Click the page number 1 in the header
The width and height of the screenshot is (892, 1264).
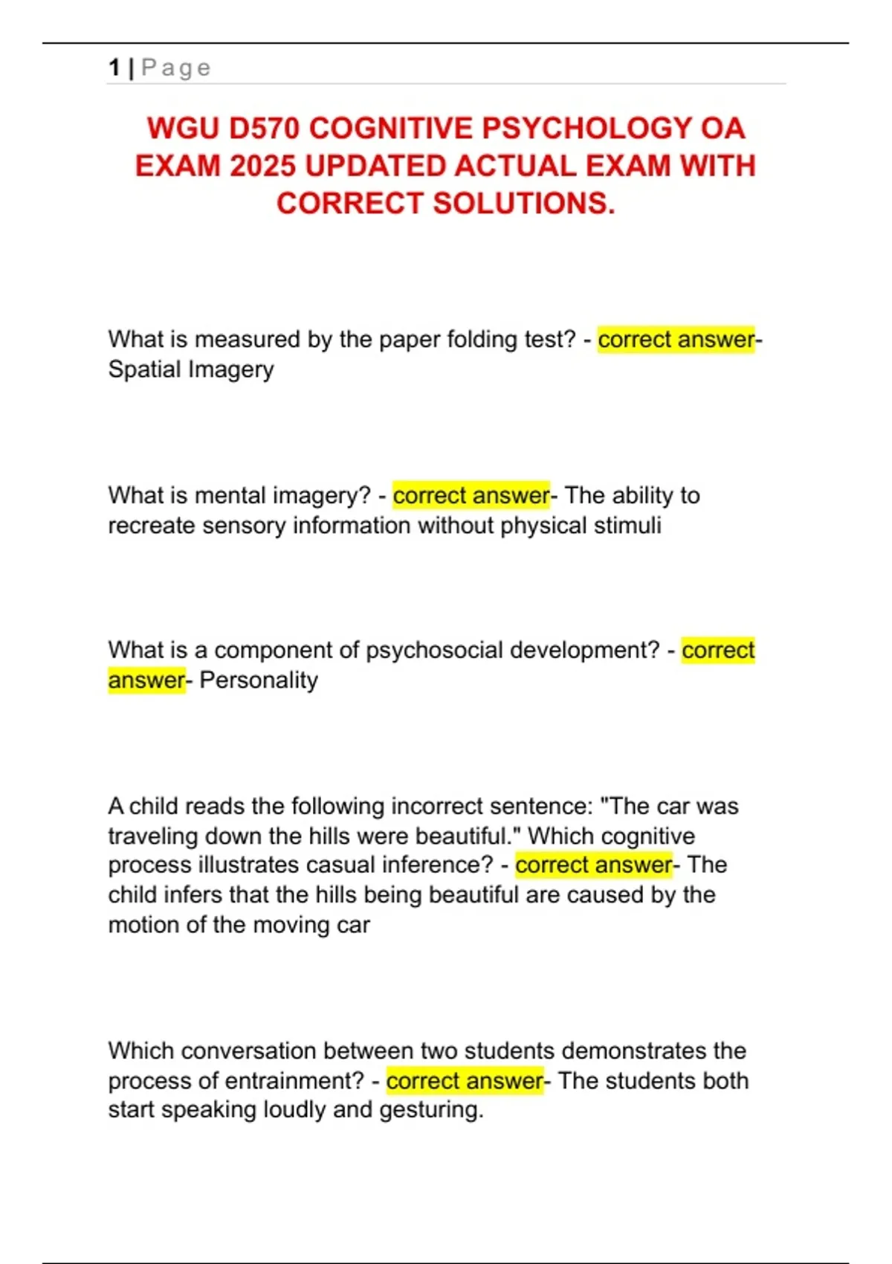(x=114, y=68)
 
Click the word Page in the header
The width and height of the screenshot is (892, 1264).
(x=176, y=68)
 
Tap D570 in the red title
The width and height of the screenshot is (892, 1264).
(x=263, y=128)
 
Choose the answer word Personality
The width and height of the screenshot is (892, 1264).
(x=259, y=680)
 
